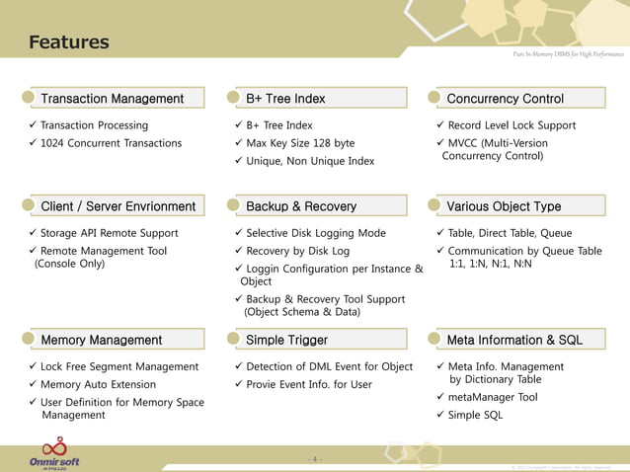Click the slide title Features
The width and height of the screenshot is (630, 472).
point(68,42)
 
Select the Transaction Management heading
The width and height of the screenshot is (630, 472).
point(112,98)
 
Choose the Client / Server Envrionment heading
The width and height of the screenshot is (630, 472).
point(118,206)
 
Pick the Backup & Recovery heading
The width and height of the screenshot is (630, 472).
point(300,206)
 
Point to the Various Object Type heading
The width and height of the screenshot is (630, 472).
point(504,206)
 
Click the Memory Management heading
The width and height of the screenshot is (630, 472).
point(101,340)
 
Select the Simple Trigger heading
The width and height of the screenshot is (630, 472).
point(286,340)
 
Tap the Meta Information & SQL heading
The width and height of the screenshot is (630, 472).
point(514,340)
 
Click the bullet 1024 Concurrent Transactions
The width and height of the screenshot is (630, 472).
point(111,143)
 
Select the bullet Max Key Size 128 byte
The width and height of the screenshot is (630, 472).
point(300,143)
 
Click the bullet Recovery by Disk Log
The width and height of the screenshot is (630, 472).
point(297,251)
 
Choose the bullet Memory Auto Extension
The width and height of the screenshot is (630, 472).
point(98,384)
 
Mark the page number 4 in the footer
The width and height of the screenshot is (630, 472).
point(315,459)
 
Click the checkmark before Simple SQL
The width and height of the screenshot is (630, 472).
point(440,415)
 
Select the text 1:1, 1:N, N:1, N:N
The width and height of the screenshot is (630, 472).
point(490,265)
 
